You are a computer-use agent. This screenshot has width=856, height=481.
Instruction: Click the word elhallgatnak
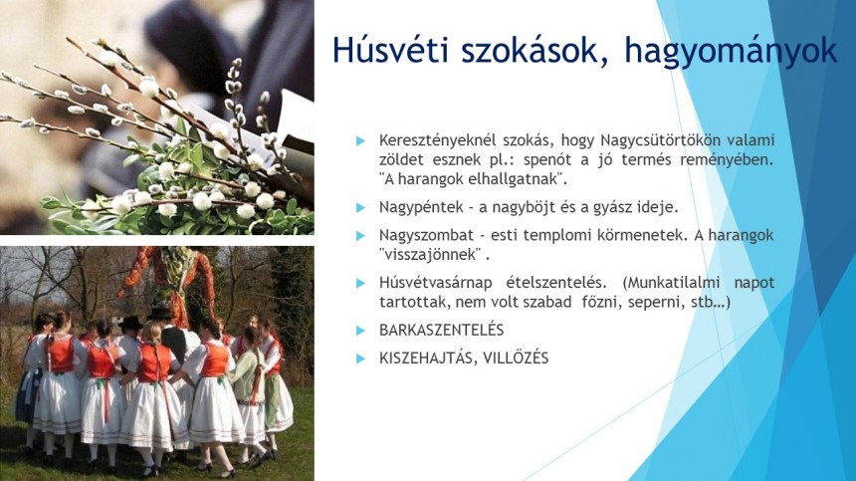coord(505,179)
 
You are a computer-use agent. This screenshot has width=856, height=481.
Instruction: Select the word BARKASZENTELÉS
coord(442,330)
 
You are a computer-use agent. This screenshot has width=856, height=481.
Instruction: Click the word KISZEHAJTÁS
coord(425,359)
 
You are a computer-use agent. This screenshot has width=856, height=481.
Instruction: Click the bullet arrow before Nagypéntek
coord(359,208)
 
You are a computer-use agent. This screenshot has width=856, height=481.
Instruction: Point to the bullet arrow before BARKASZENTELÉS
coord(359,331)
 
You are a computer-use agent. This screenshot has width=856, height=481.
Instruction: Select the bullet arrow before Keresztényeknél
coord(359,140)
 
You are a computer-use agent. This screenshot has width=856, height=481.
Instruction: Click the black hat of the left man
coord(130,323)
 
